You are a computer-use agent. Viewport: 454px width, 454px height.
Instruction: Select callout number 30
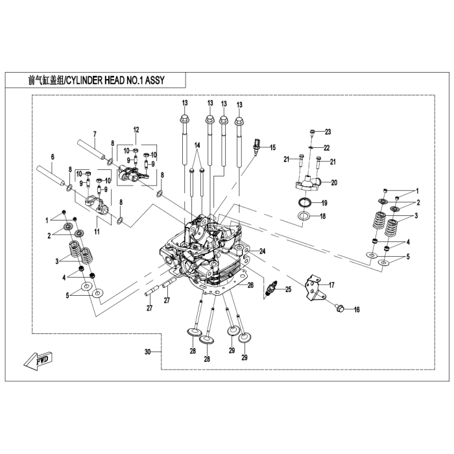click(148, 352)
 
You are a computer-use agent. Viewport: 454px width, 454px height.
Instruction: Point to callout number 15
click(273, 147)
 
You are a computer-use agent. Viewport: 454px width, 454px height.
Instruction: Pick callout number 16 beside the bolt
click(356, 310)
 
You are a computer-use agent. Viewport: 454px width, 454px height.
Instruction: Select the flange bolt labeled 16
click(337, 308)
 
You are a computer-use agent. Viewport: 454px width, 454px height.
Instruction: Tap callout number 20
click(334, 182)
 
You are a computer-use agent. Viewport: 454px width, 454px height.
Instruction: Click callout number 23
click(328, 132)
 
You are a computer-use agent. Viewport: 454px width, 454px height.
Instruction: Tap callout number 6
click(53, 156)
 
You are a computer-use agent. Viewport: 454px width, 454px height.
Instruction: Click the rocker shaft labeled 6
click(52, 173)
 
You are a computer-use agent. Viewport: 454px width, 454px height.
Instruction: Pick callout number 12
click(137, 130)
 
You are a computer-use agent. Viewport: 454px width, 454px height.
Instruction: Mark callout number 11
click(97, 232)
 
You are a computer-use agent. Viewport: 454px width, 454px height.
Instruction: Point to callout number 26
click(251, 284)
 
